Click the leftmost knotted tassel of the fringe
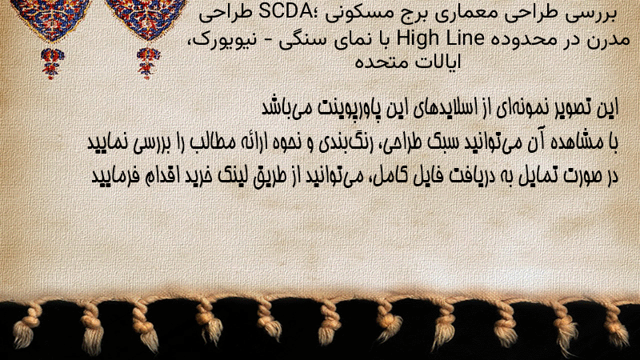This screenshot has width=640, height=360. click(x=26, y=326)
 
